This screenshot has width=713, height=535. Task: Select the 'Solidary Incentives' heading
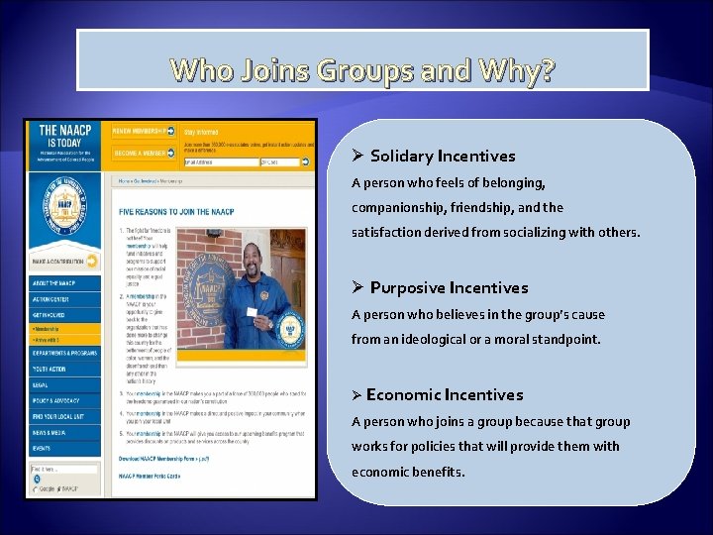443,156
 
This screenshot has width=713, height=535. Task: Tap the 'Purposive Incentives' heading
449,287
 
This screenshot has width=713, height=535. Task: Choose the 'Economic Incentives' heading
444,394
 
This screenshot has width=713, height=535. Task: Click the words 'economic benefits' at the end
407,472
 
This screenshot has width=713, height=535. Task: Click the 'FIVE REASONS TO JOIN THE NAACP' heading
176,212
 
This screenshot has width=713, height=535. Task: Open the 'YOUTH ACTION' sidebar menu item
50,369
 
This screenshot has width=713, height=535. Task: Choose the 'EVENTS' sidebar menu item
42,447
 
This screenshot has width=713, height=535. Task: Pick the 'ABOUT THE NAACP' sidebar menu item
53,283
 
